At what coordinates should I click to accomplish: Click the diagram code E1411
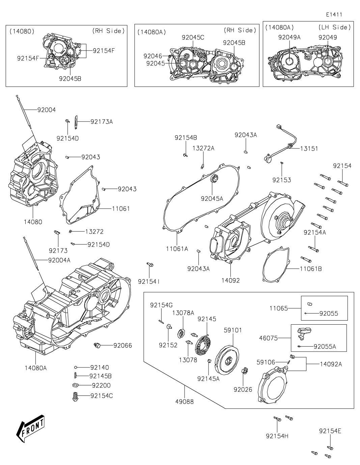point(334,15)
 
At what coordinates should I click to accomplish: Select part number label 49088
point(185,402)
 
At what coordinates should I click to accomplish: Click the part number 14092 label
point(230,280)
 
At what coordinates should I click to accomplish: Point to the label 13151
point(309,148)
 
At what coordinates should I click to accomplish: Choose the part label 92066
point(122,346)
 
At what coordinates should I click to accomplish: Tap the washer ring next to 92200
point(76,385)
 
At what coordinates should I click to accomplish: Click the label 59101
point(233,330)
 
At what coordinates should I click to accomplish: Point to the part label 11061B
point(311,269)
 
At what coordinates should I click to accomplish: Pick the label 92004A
point(59,260)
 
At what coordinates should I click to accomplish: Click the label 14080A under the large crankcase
point(35,368)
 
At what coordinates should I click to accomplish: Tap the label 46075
point(268,338)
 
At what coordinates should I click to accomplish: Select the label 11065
point(278,308)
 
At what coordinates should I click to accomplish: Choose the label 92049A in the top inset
point(289,37)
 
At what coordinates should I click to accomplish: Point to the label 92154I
point(149,281)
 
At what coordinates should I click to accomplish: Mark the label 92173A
point(102,121)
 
